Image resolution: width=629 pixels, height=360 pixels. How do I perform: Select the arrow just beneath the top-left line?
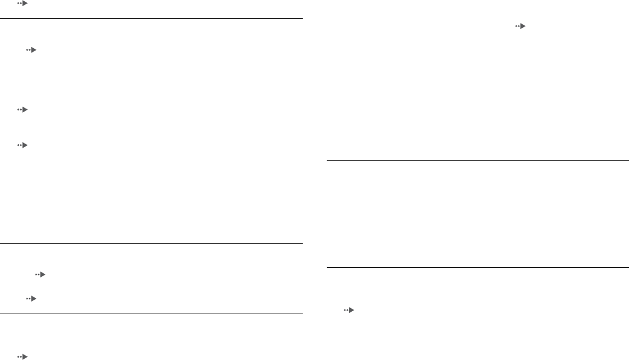click(x=31, y=50)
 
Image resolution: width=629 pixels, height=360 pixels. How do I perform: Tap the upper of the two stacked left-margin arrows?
click(x=22, y=110)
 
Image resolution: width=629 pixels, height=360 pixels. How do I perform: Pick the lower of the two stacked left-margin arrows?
click(x=22, y=145)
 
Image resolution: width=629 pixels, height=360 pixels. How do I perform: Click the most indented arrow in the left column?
click(x=41, y=274)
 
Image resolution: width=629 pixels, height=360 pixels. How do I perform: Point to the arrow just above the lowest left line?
click(x=31, y=298)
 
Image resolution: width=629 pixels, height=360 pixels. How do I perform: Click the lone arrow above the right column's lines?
click(x=520, y=27)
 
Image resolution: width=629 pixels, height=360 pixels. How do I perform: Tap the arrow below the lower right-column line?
click(x=349, y=310)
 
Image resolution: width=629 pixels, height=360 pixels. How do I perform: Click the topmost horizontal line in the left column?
click(x=151, y=19)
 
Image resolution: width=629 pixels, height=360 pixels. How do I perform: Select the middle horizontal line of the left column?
click(x=151, y=244)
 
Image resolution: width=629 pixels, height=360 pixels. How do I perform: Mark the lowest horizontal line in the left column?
click(x=151, y=314)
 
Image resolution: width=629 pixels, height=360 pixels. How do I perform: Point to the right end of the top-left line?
click(x=301, y=19)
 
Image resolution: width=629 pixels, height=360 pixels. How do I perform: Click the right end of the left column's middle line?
click(x=301, y=244)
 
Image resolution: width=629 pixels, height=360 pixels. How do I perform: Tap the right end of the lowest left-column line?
click(x=301, y=314)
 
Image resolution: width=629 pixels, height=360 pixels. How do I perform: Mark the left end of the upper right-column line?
click(x=327, y=161)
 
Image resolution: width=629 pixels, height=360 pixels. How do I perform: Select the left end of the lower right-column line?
click(x=327, y=268)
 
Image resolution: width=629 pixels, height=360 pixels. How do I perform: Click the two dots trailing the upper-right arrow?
click(x=516, y=27)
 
